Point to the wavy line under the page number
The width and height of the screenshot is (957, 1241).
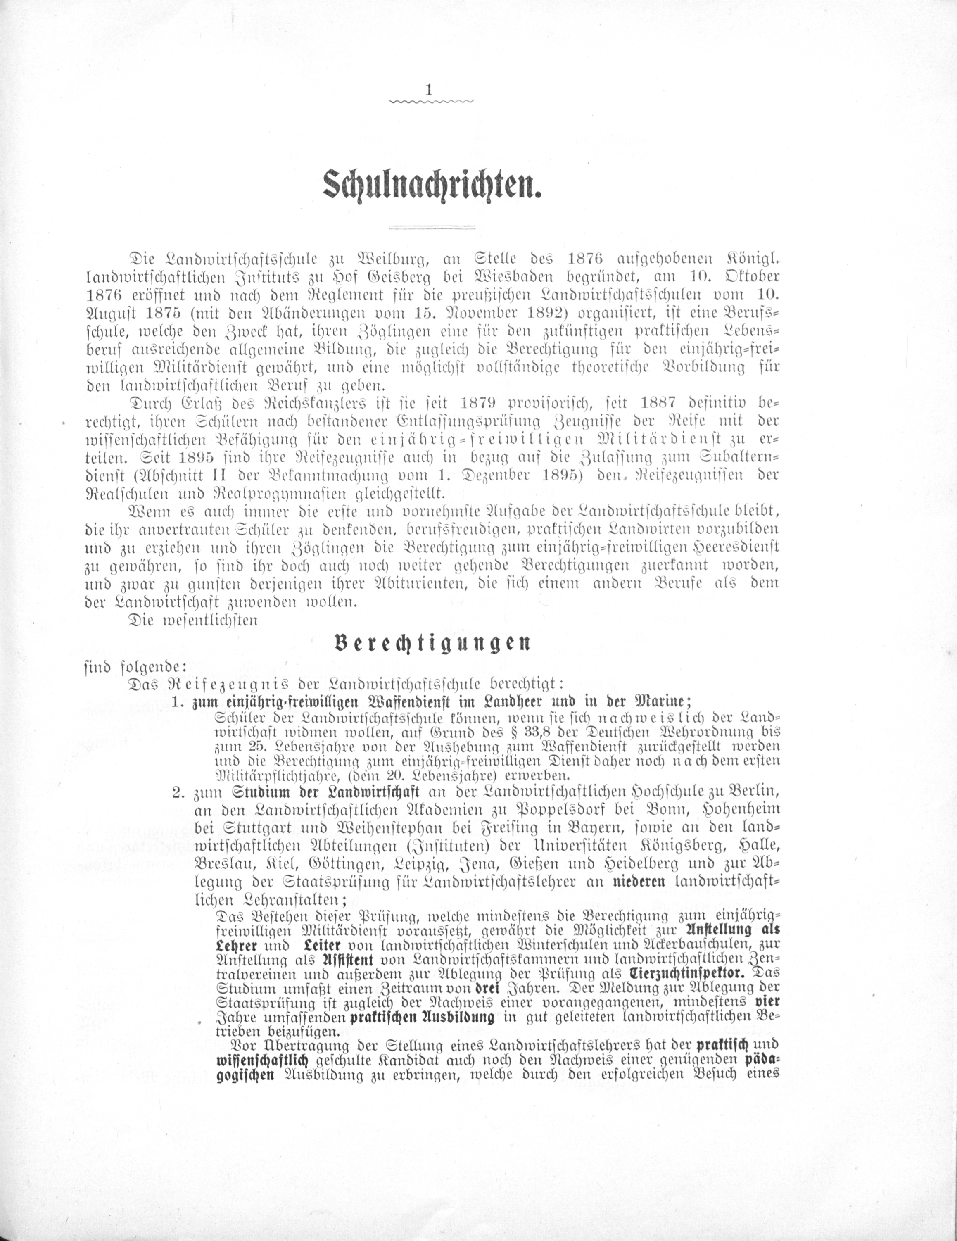click(x=430, y=102)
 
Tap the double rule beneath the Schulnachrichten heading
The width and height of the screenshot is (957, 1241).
click(x=432, y=228)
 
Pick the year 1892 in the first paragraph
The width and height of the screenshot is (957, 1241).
click(x=520, y=313)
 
